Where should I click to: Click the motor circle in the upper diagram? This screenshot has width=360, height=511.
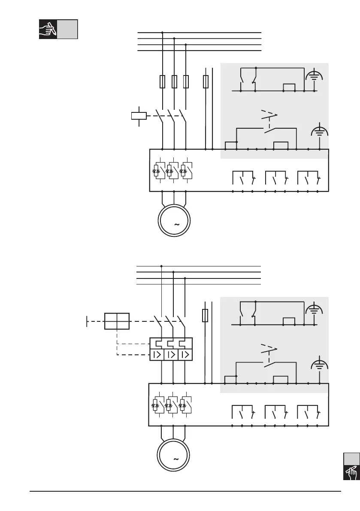[x=174, y=221]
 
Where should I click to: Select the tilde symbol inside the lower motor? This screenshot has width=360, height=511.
[x=175, y=459]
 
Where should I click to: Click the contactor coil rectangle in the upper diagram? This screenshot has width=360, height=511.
[x=139, y=115]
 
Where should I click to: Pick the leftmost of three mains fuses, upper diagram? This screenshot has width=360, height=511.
[x=162, y=82]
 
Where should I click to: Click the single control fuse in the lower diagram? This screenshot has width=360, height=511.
[x=206, y=316]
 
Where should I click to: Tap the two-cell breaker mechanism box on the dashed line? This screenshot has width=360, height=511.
[x=117, y=321]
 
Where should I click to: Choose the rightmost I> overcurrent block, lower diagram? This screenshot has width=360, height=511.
[x=185, y=355]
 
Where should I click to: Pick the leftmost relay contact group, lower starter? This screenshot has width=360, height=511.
[x=242, y=411]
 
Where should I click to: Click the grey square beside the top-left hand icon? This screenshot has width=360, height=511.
[x=67, y=29]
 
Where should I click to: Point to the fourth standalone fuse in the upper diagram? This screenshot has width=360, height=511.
[x=206, y=82]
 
